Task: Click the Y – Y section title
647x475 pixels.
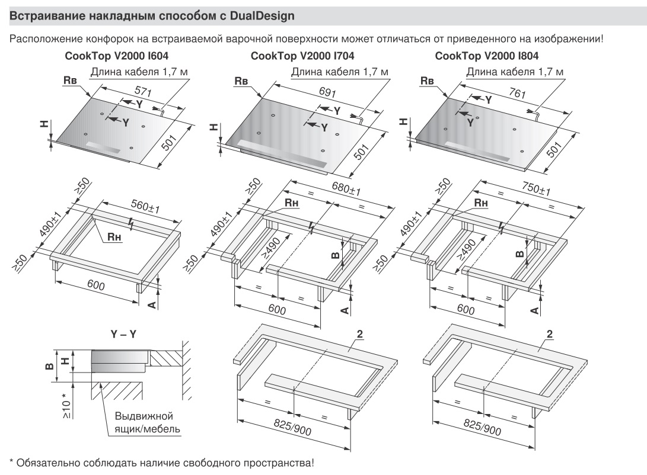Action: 123,335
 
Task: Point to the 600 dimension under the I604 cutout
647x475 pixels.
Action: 95,286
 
